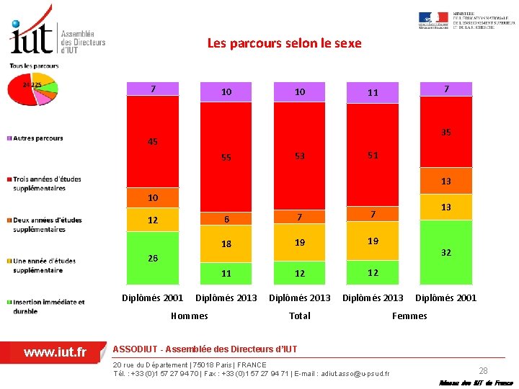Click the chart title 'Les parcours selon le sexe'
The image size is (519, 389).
click(284, 43)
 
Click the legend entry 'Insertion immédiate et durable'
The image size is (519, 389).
click(48, 306)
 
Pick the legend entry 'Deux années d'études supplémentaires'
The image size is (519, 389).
click(47, 225)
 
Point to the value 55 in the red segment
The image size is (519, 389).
click(226, 157)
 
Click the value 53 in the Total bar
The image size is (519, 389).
click(300, 156)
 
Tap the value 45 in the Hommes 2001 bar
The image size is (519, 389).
click(153, 142)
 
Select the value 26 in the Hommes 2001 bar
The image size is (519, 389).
click(153, 258)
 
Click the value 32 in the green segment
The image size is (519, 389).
click(446, 253)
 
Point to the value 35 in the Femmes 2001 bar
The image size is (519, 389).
click(446, 133)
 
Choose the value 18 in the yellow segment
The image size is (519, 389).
click(226, 244)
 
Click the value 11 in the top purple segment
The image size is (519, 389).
click(373, 92)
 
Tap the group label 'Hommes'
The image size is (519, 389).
click(190, 316)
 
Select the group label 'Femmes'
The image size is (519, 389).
click(409, 316)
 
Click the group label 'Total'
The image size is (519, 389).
click(300, 316)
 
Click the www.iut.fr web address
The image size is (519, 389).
click(55, 352)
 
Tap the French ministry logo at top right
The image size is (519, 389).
click(466, 22)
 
